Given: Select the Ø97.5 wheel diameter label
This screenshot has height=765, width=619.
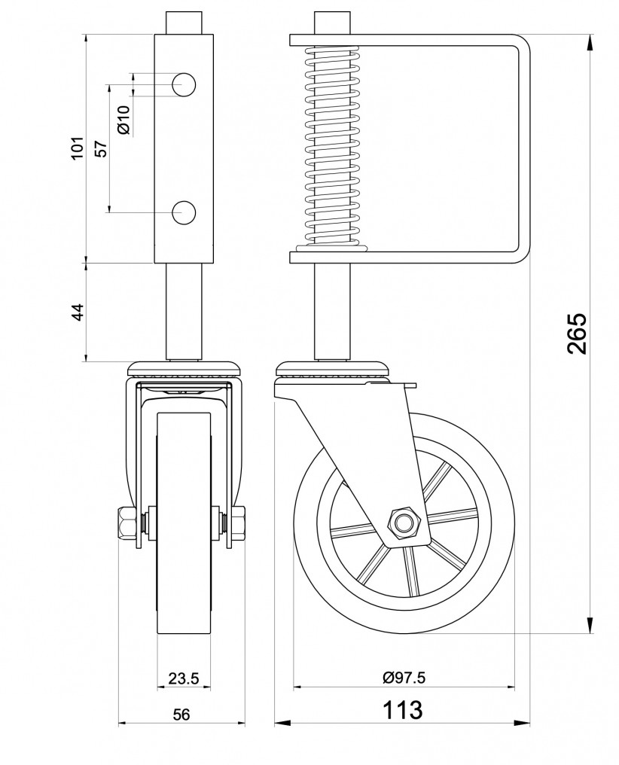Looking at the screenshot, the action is (x=404, y=678).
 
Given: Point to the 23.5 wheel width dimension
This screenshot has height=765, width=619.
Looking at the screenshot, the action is (x=184, y=678).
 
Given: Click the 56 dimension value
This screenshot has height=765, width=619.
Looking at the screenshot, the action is (x=181, y=715).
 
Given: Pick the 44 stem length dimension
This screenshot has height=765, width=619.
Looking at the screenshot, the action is (x=78, y=312).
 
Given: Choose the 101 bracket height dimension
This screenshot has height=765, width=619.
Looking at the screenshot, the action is (x=78, y=148).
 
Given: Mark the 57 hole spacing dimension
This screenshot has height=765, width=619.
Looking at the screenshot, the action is (x=101, y=149).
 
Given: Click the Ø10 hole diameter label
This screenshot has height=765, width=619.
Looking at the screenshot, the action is (x=124, y=120).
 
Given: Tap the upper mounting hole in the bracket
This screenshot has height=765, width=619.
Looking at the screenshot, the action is (x=184, y=84).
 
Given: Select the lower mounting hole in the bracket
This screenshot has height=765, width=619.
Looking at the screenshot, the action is (x=184, y=213).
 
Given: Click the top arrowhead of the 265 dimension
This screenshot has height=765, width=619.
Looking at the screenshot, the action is (x=590, y=41).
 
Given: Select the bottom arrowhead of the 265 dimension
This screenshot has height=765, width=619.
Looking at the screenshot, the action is (x=590, y=626).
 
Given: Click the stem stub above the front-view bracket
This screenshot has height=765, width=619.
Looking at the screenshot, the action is (x=184, y=23).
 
